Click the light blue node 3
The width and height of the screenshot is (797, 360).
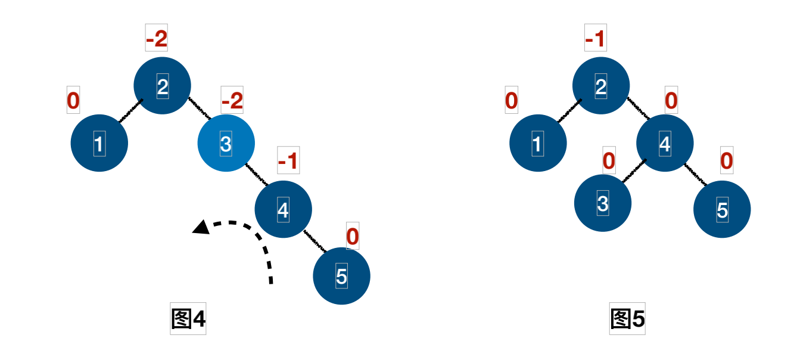226,144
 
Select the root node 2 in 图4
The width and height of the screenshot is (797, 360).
163,86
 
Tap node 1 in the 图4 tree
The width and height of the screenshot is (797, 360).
99,144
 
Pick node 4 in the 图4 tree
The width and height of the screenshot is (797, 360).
284,209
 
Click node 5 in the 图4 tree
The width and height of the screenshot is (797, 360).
341,275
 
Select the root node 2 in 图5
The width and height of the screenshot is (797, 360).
601,86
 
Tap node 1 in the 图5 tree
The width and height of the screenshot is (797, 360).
538,144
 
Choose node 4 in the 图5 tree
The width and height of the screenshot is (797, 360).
665,144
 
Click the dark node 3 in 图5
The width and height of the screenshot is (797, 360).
603,203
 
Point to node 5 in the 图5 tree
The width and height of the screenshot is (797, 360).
722,209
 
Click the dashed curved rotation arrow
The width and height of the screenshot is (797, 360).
250,238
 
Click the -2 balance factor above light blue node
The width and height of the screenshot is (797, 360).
232,101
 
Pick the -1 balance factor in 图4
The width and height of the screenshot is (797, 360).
288,161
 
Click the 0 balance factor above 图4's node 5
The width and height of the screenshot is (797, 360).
353,237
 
